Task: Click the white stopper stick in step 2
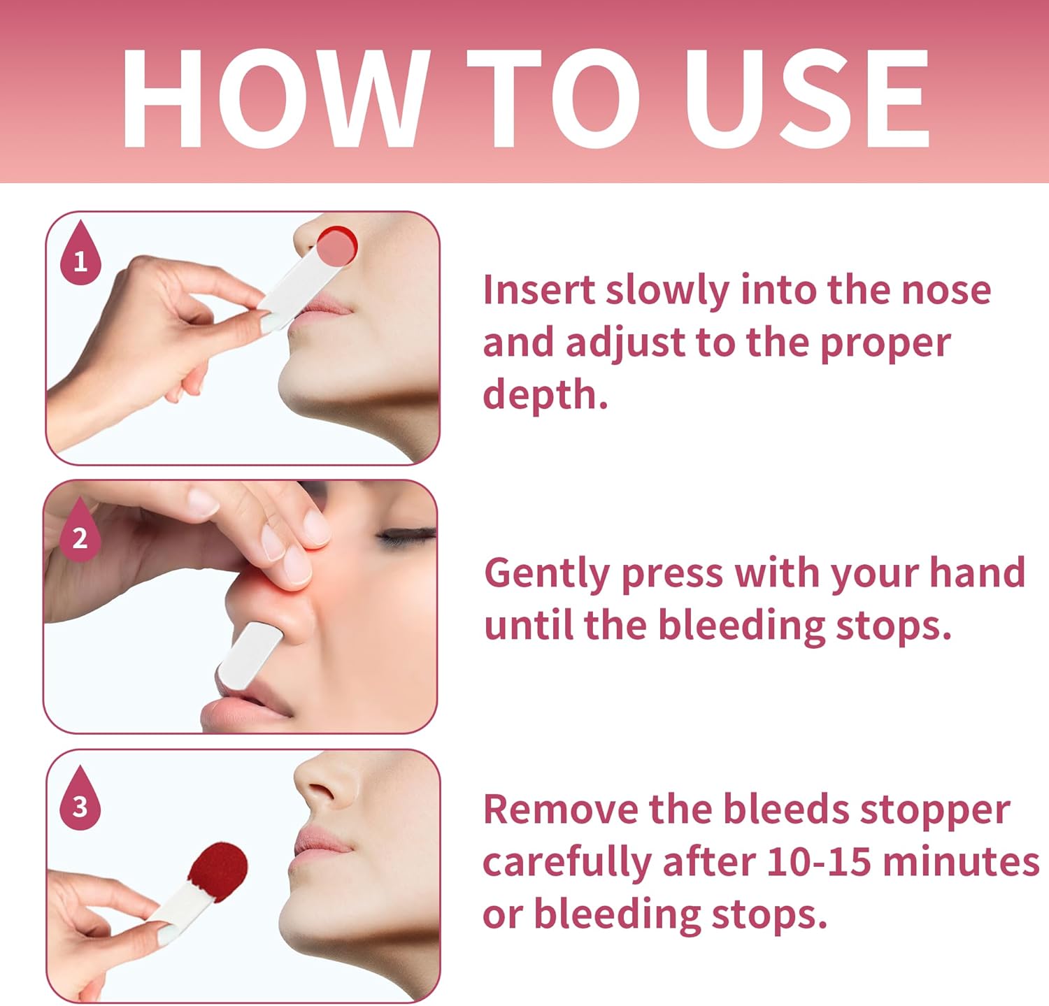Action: (x=248, y=656)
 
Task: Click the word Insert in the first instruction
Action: (x=539, y=289)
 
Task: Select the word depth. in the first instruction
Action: (x=545, y=396)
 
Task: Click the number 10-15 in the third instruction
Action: (x=819, y=861)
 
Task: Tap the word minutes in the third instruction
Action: (x=961, y=861)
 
